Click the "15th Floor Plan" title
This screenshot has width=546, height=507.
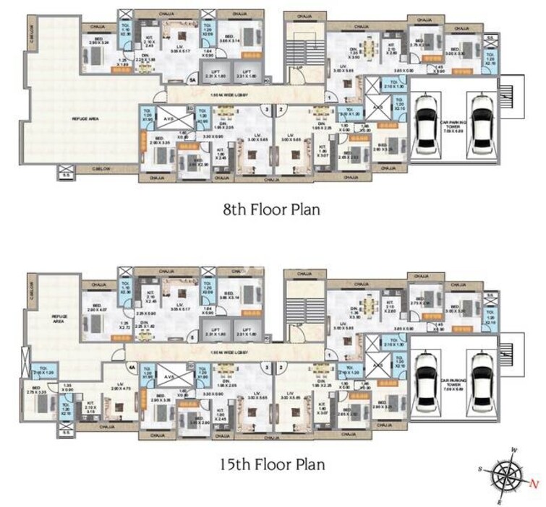click(x=273, y=464)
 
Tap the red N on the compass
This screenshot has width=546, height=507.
click(x=532, y=483)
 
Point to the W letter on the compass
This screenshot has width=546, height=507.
click(x=513, y=451)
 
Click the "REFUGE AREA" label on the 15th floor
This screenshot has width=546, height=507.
click(x=58, y=318)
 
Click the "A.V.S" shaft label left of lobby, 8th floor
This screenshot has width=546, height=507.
click(x=170, y=120)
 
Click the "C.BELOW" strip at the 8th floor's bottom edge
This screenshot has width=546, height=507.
click(x=101, y=168)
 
